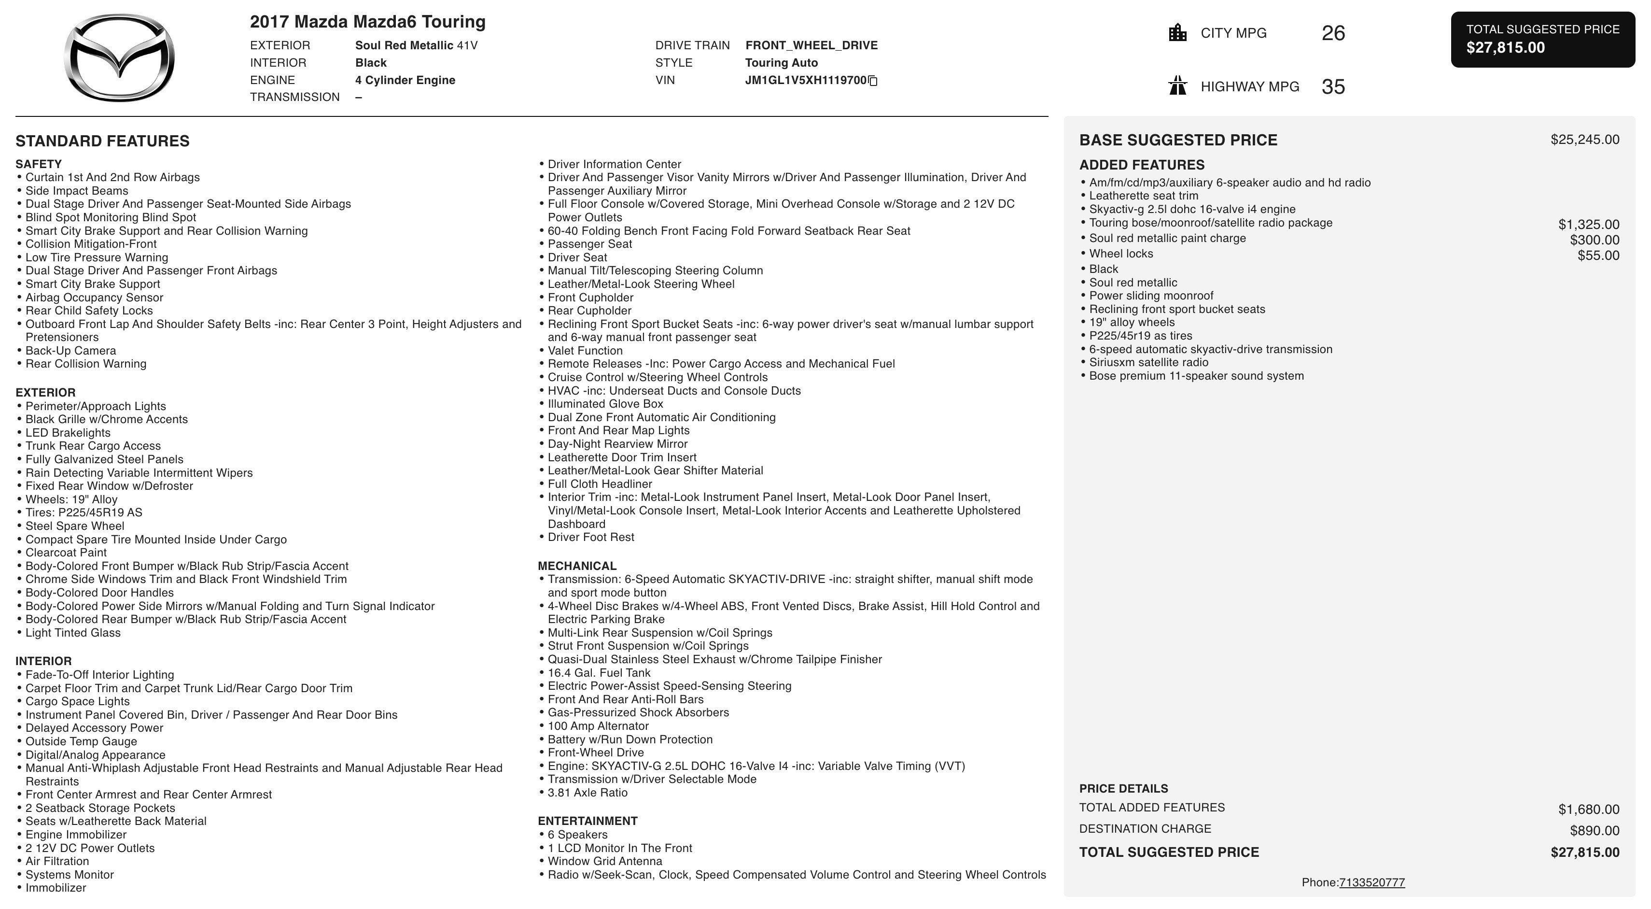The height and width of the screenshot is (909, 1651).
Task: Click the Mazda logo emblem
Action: click(x=119, y=57)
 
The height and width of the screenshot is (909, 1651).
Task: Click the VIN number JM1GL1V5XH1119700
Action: click(x=805, y=80)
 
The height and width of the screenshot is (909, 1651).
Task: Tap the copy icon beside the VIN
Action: click(x=873, y=81)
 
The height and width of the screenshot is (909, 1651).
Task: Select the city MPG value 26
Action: click(x=1333, y=33)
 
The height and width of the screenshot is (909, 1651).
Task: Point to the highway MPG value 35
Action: click(x=1333, y=86)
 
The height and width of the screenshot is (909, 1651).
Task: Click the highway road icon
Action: click(x=1177, y=86)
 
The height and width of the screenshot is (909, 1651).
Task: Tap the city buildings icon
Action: click(x=1177, y=33)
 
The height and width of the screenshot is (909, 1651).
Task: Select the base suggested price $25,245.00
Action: click(x=1584, y=140)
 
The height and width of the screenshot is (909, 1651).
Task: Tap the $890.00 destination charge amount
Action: click(x=1594, y=831)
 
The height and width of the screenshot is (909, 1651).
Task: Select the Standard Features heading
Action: click(x=102, y=141)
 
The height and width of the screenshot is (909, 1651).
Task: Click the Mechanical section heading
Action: click(x=577, y=566)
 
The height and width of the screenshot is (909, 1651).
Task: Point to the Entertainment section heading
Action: click(x=587, y=821)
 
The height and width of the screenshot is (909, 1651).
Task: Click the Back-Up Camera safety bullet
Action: click(x=70, y=351)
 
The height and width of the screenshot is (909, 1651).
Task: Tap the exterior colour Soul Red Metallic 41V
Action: click(x=416, y=45)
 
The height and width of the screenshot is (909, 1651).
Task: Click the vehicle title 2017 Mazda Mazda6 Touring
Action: click(x=367, y=22)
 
